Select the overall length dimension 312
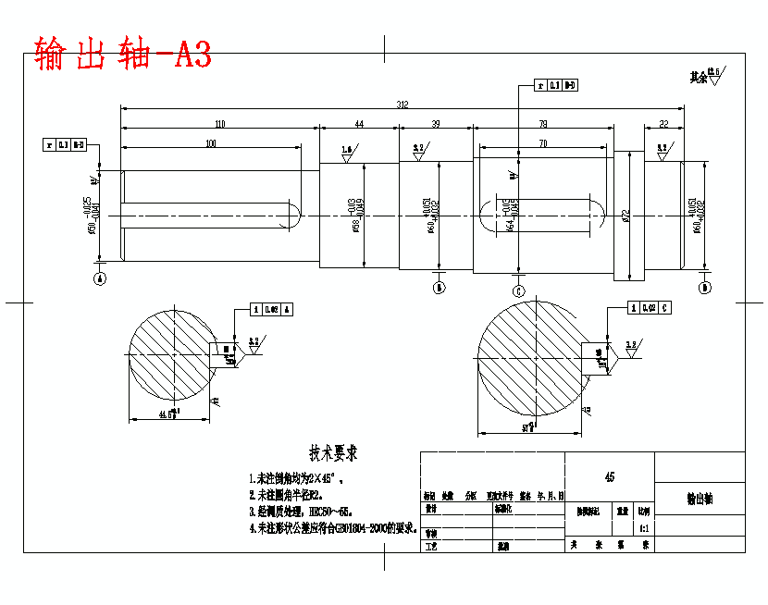403,105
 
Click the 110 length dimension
219,124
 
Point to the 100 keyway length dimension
211,143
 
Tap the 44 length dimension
359,124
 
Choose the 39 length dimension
436,124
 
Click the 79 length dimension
542,124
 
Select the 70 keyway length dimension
543,143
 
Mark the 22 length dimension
663,124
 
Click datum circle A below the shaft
100,278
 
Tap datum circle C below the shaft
518,291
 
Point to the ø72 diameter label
626,216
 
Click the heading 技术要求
333,454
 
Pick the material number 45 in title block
609,477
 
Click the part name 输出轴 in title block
700,499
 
